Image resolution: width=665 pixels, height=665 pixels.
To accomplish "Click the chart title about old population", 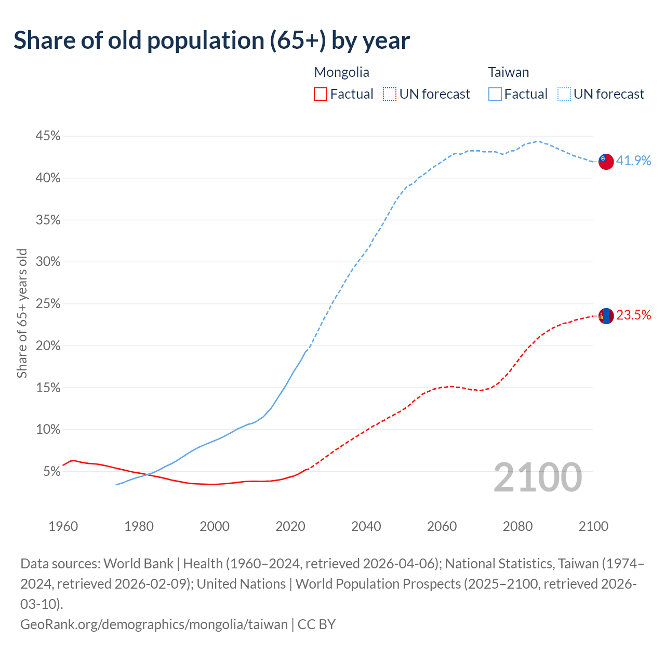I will pos(211,41).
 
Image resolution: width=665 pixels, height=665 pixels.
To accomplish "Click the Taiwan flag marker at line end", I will pos(606,161).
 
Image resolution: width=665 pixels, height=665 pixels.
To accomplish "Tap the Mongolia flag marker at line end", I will pos(606,315).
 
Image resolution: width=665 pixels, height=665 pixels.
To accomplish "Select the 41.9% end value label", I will pos(633,161).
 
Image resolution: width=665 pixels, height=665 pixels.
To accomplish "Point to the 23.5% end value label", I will pos(633,315).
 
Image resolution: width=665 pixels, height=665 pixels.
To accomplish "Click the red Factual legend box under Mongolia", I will pos(321,94).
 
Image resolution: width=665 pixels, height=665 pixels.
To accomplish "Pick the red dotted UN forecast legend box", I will pos(389,94).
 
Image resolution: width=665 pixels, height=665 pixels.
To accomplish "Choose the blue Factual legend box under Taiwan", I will pos(495,94).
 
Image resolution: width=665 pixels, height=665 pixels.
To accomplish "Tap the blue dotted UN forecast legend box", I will pos(564,94).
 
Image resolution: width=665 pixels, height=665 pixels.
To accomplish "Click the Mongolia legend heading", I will pos(341,72).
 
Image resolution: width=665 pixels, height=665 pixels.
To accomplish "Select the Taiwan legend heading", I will pos(508,72).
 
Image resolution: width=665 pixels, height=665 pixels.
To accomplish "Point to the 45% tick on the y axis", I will pos(48,136).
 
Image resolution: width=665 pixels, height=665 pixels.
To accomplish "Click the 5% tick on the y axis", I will pos(51,472).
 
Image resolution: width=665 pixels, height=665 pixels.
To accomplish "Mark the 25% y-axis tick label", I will pos(48,304).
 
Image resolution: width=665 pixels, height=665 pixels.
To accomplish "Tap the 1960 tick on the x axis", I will pos(63,526).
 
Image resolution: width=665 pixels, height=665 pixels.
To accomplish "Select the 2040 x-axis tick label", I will pos(366,526).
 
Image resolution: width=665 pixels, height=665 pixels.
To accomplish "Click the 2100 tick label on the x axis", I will pos(593,526).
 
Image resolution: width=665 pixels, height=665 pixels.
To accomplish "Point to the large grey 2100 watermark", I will pos(537,477).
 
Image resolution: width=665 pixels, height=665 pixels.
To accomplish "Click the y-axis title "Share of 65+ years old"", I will pos(22,313).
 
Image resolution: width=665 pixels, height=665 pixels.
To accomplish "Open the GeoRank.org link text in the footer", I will pos(154,624).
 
